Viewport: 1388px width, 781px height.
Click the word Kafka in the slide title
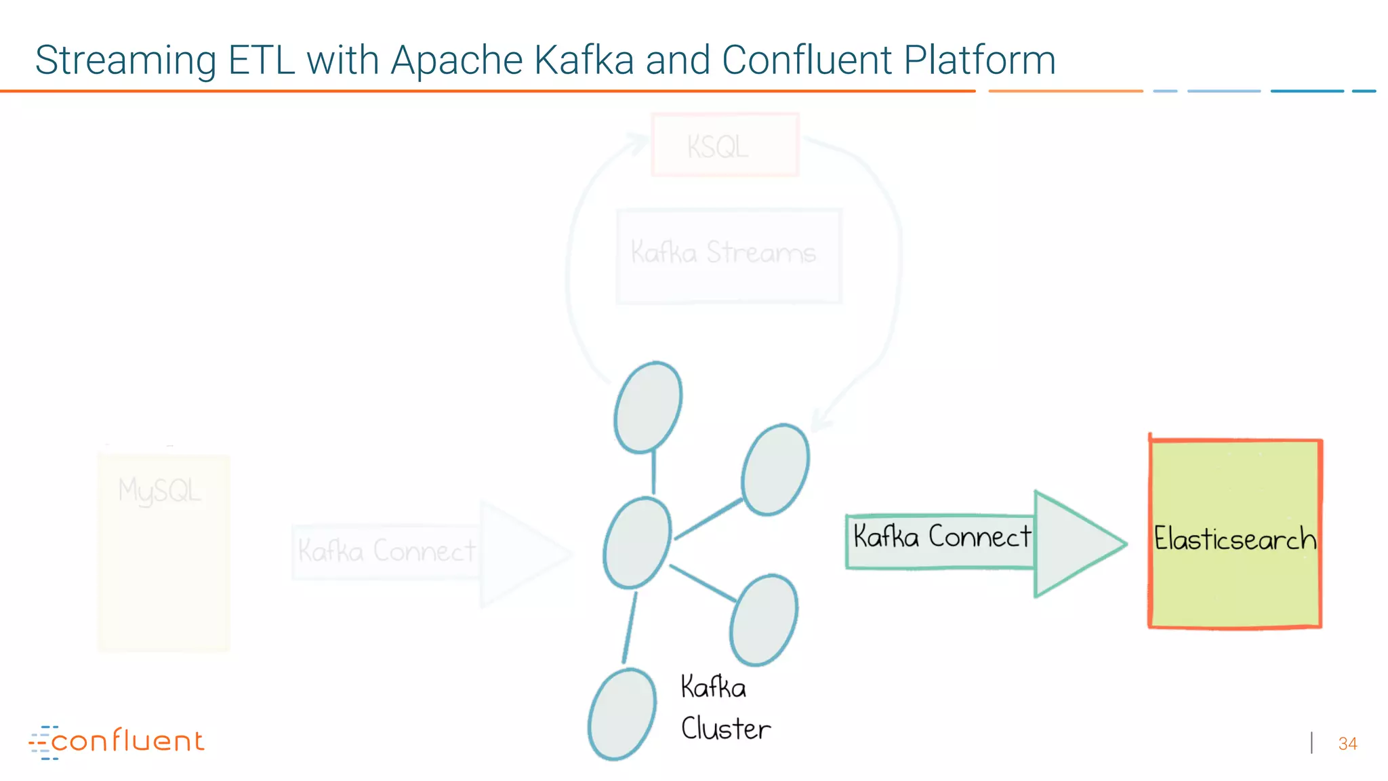[x=584, y=60]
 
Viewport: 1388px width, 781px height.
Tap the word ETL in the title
[x=261, y=60]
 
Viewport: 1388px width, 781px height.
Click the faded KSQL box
[x=724, y=145]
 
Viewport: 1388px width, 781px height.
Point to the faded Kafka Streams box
[x=728, y=256]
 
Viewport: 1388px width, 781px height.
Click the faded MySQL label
[x=160, y=491]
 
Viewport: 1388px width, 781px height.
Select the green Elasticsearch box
[x=1235, y=534]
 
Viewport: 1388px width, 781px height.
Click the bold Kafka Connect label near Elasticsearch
[x=941, y=536]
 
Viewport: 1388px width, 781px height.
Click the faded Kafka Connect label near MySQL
[x=386, y=550]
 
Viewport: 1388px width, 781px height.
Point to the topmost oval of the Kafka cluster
[x=648, y=407]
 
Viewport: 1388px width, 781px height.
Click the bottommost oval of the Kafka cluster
[x=621, y=714]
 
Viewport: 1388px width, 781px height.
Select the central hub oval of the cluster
[x=636, y=542]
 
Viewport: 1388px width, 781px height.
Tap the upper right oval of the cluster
[x=775, y=469]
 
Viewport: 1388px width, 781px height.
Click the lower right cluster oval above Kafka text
[x=763, y=620]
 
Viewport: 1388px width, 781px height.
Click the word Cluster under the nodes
[x=725, y=729]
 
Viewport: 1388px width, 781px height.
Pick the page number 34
[x=1347, y=744]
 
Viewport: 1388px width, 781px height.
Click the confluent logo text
[x=127, y=741]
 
